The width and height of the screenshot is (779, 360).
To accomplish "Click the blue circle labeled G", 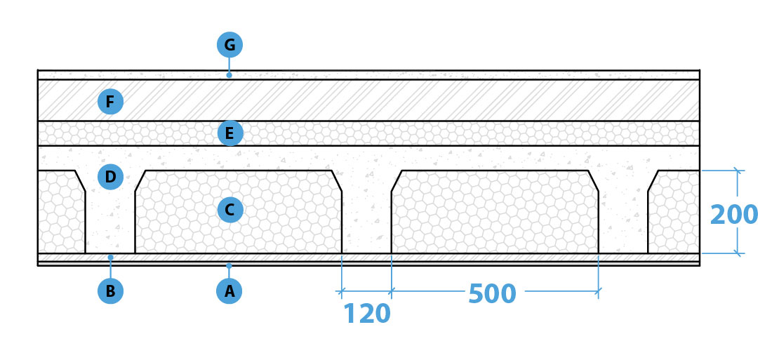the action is (x=229, y=45).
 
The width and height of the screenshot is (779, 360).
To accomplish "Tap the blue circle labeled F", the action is (x=110, y=102).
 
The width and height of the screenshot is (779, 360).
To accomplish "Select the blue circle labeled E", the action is (x=230, y=133).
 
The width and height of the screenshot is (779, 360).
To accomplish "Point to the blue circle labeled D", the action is (x=110, y=177).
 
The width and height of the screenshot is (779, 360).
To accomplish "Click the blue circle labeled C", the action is (x=230, y=210).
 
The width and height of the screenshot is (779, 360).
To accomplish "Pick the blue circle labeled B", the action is (x=110, y=291).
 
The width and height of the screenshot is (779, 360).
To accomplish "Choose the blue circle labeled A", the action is (x=229, y=291).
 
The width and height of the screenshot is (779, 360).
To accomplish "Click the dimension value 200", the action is (x=734, y=215).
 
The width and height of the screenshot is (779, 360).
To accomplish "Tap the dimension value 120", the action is (x=367, y=314).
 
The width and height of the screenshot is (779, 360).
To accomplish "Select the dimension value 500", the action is (x=493, y=294).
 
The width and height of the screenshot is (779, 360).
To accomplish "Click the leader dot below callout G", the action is (x=229, y=75).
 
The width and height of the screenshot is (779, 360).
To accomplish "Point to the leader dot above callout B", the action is (x=110, y=258).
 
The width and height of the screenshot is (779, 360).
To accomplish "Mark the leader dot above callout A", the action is (x=229, y=266).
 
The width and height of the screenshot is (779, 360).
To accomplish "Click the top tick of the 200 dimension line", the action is (x=738, y=171).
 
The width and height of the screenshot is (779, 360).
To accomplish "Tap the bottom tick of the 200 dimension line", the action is (x=738, y=253).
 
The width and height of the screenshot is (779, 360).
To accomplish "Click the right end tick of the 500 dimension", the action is (x=598, y=291).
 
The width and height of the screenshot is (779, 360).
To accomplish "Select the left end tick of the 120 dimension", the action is (x=341, y=291).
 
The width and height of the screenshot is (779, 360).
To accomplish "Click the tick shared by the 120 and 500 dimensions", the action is (x=392, y=291).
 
